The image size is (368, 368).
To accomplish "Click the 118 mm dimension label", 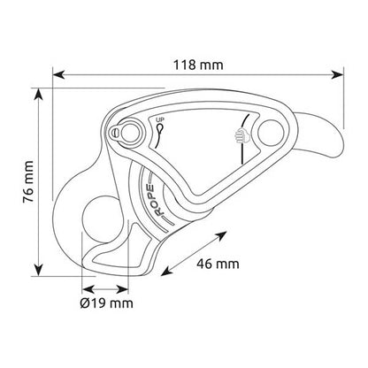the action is pos(198,65).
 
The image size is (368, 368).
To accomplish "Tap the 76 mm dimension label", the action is pos(28,181).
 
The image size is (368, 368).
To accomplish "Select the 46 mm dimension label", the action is pos(218,264).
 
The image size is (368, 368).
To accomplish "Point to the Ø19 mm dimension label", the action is pos(106,303).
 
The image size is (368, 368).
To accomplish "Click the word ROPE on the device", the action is pos(157,200).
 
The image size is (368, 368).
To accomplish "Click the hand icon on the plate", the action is pos(241,136).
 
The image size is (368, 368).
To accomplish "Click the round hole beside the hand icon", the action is pos(271,133).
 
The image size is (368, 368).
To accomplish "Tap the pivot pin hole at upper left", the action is pos(130,132).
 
